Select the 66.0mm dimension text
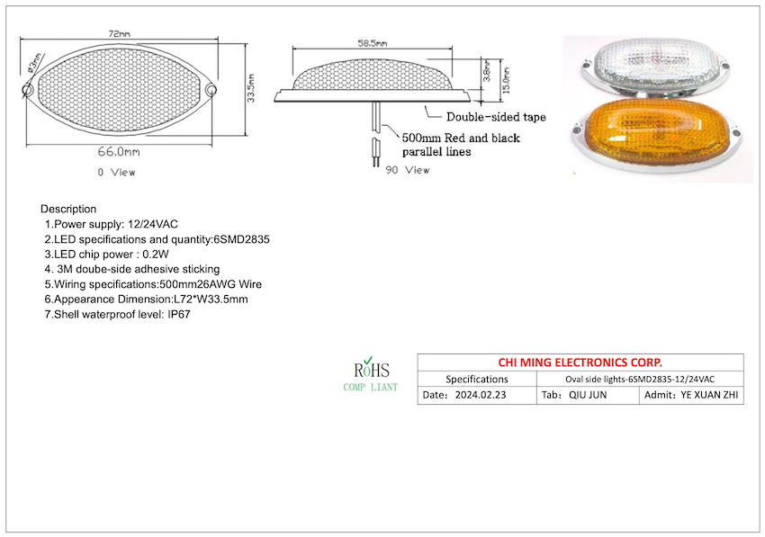(x=118, y=153)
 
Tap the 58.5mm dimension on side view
(x=372, y=42)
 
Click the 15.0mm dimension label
(x=507, y=84)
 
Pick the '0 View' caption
(x=116, y=171)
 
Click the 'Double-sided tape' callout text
(x=497, y=117)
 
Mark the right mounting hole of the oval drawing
(x=211, y=90)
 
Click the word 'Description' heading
(x=68, y=209)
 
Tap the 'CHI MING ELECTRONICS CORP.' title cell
(x=580, y=362)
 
